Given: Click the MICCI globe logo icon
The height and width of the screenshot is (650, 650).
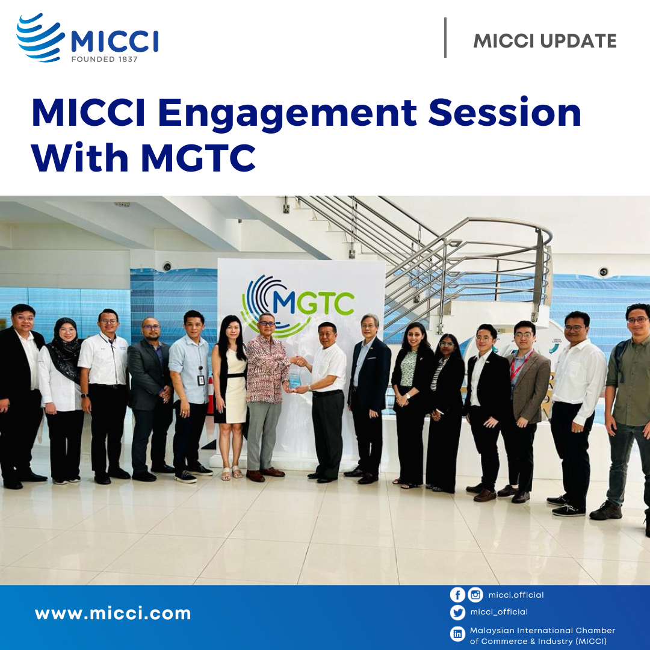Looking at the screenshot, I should click(40, 37).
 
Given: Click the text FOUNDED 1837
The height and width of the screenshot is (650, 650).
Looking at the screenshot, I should click(104, 60).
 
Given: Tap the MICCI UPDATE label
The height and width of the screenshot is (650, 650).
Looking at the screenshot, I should click(545, 41).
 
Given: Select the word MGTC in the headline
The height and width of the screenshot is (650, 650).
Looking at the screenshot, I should click(199, 158).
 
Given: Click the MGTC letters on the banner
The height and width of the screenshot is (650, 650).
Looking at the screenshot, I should click(313, 303).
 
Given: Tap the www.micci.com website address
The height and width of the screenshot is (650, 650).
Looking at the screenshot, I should click(113, 614).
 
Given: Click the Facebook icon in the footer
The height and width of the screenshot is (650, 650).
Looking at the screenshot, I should click(457, 595).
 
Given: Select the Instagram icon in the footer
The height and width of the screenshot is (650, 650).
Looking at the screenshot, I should click(475, 595).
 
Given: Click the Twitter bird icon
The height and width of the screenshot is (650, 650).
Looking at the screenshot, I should click(457, 613).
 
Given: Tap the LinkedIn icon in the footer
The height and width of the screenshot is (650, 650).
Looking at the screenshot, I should click(457, 634).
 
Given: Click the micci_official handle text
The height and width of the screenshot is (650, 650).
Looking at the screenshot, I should click(499, 612).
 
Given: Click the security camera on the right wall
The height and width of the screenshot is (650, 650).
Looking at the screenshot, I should click(603, 272).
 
